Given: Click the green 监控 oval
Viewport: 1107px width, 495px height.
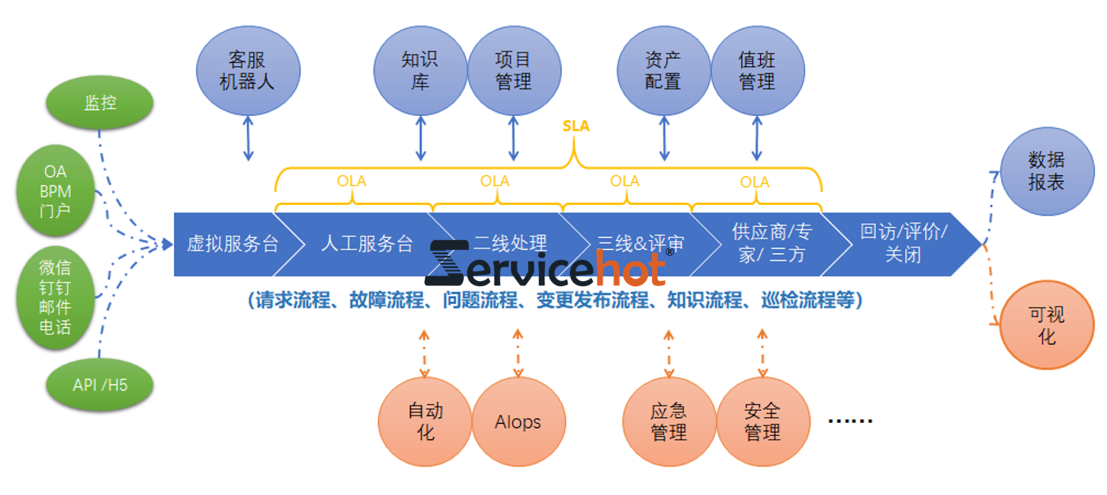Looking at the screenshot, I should pos(99,102).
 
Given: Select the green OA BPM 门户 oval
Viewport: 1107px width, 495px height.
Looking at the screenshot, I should pos(56,191).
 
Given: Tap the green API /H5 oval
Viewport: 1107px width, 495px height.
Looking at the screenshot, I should pos(99,384).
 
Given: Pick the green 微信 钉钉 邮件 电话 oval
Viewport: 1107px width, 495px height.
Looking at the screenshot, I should pos(56,297).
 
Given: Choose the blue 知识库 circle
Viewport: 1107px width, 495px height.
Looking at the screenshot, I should pos(420,71).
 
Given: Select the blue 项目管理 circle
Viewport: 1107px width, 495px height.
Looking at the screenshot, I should pos(514,71).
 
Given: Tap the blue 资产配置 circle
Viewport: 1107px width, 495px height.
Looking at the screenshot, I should pos(663,71).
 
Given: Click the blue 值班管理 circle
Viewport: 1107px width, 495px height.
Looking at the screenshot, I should pos(757,71).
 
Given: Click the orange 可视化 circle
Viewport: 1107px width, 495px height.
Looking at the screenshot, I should pos(1047,325).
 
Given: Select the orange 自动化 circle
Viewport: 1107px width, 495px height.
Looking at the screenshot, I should pos(425,421).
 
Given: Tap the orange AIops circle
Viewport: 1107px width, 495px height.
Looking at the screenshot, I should pos(518,421).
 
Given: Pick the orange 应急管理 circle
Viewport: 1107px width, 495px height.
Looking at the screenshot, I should pos(669,421).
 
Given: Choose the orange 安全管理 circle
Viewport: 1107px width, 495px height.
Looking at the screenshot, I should pos(763,421).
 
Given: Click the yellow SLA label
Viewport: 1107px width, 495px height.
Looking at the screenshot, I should pos(576,126).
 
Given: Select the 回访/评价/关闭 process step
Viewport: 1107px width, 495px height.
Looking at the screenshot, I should pos(902,243).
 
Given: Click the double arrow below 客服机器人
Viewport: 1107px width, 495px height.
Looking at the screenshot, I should pos(248,138).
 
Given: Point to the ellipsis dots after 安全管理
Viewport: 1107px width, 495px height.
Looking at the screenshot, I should pos(850,421).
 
